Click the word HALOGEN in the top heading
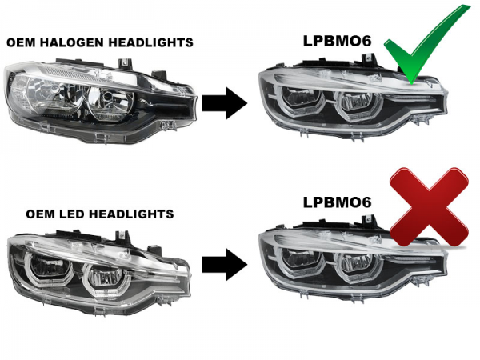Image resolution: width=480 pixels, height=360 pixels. coord(82,42)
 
